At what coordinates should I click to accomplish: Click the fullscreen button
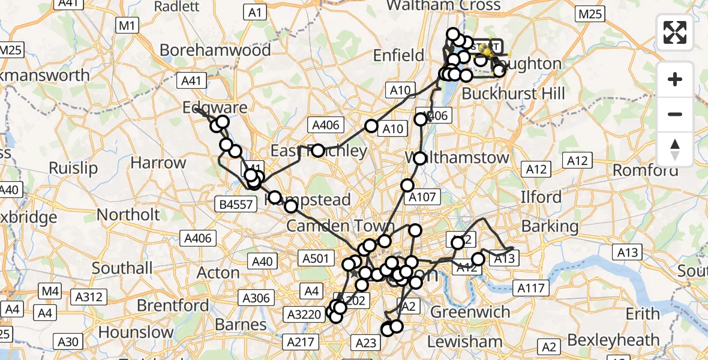click(x=675, y=32)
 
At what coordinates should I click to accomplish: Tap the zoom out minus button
click(x=675, y=114)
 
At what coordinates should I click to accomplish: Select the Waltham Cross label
click(x=443, y=6)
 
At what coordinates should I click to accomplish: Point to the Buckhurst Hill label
click(x=513, y=94)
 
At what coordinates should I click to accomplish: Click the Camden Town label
click(x=340, y=226)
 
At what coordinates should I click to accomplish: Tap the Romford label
click(x=645, y=170)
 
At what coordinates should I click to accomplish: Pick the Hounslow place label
click(x=136, y=332)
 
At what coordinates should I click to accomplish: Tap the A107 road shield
click(x=424, y=196)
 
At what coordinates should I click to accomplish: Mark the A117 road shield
click(x=531, y=289)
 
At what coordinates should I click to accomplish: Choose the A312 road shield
click(x=89, y=296)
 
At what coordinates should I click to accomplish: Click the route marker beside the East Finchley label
click(x=317, y=151)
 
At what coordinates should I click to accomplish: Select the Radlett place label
click(x=176, y=7)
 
